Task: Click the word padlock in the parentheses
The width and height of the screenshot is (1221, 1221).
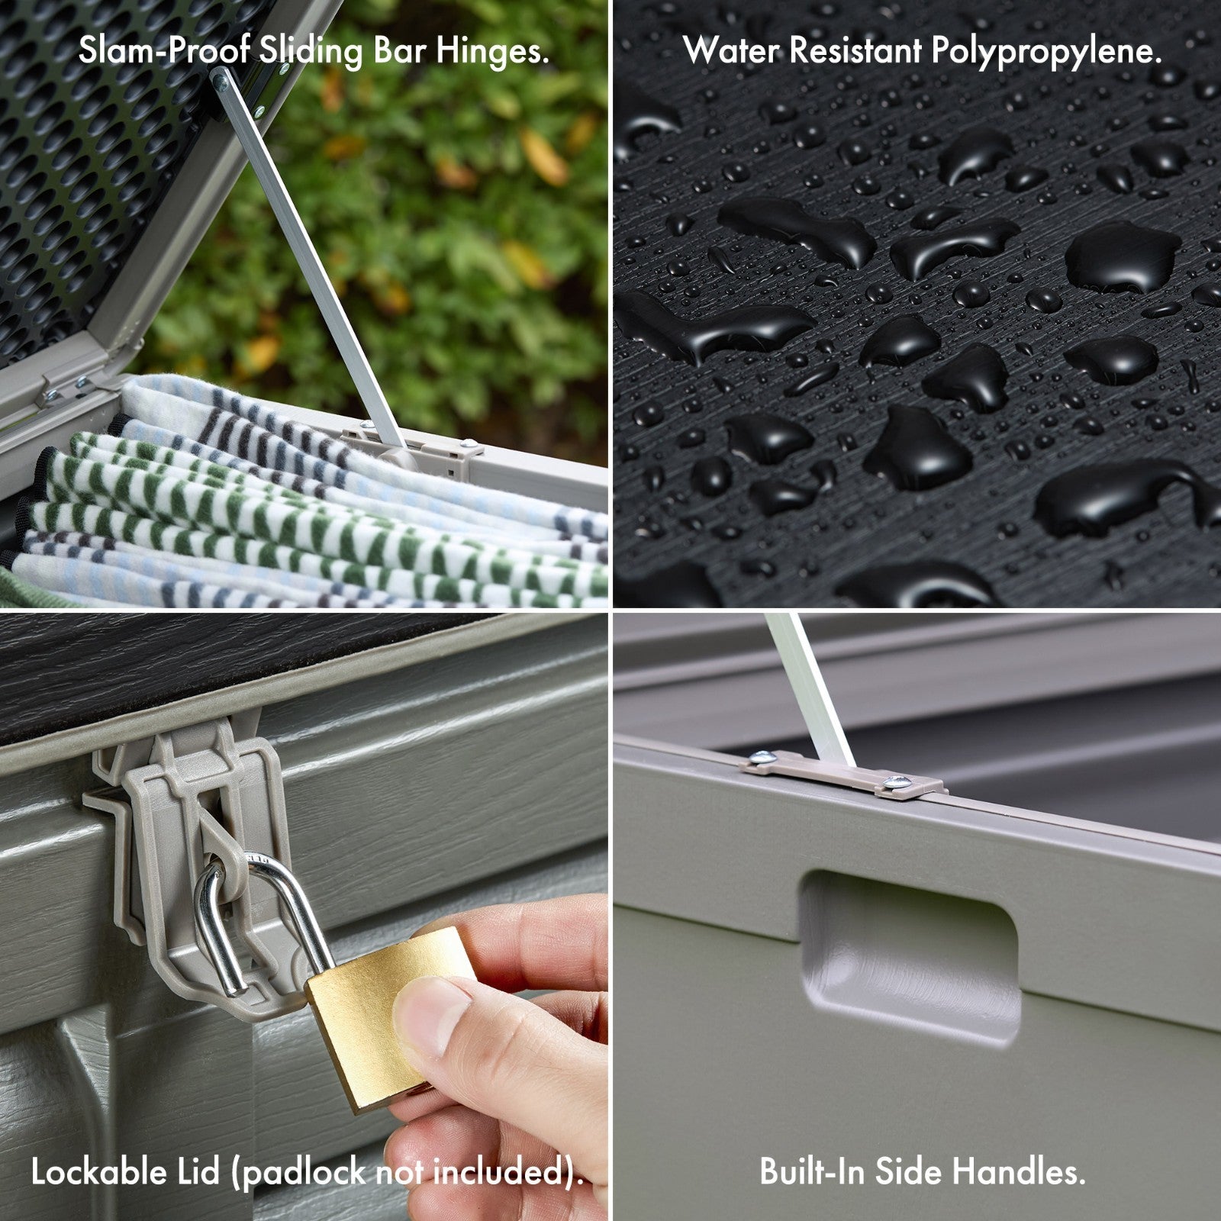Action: [x=304, y=1173]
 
